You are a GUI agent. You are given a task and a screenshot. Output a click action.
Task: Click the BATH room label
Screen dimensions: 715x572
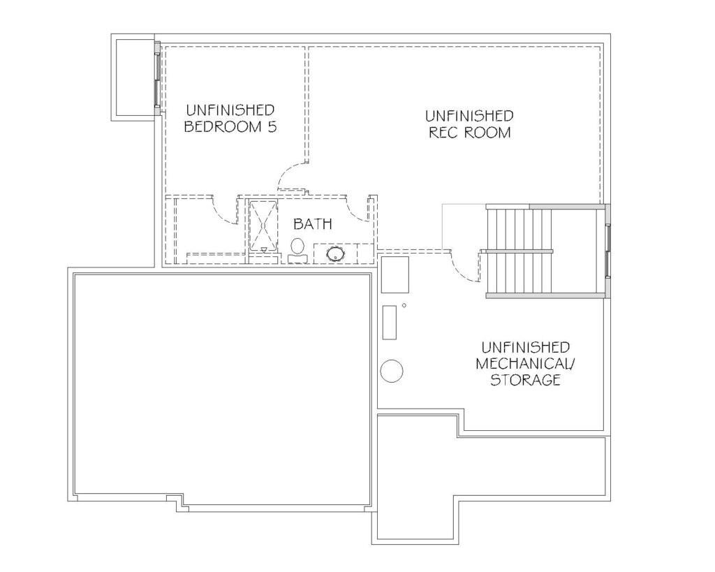[x=312, y=224]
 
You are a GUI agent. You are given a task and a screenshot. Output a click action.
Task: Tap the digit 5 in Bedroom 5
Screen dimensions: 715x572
[x=272, y=126]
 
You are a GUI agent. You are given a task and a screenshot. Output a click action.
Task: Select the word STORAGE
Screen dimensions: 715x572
[x=525, y=379]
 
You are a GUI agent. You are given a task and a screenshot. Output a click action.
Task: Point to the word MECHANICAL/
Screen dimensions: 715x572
[x=525, y=364]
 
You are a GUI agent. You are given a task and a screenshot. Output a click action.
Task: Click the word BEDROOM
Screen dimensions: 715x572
[x=223, y=126]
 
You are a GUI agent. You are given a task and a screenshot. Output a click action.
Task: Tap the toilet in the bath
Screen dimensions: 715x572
[x=297, y=251]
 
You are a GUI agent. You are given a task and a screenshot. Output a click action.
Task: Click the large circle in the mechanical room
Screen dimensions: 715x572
[x=392, y=370]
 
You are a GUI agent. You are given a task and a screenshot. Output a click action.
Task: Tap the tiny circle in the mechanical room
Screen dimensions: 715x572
[x=404, y=306]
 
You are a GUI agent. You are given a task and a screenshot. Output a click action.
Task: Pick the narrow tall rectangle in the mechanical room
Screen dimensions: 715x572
[x=390, y=322]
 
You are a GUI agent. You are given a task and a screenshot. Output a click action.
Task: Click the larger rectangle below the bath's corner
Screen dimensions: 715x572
[x=395, y=274]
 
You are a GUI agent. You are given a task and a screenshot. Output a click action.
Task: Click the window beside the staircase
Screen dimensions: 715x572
[x=608, y=251]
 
